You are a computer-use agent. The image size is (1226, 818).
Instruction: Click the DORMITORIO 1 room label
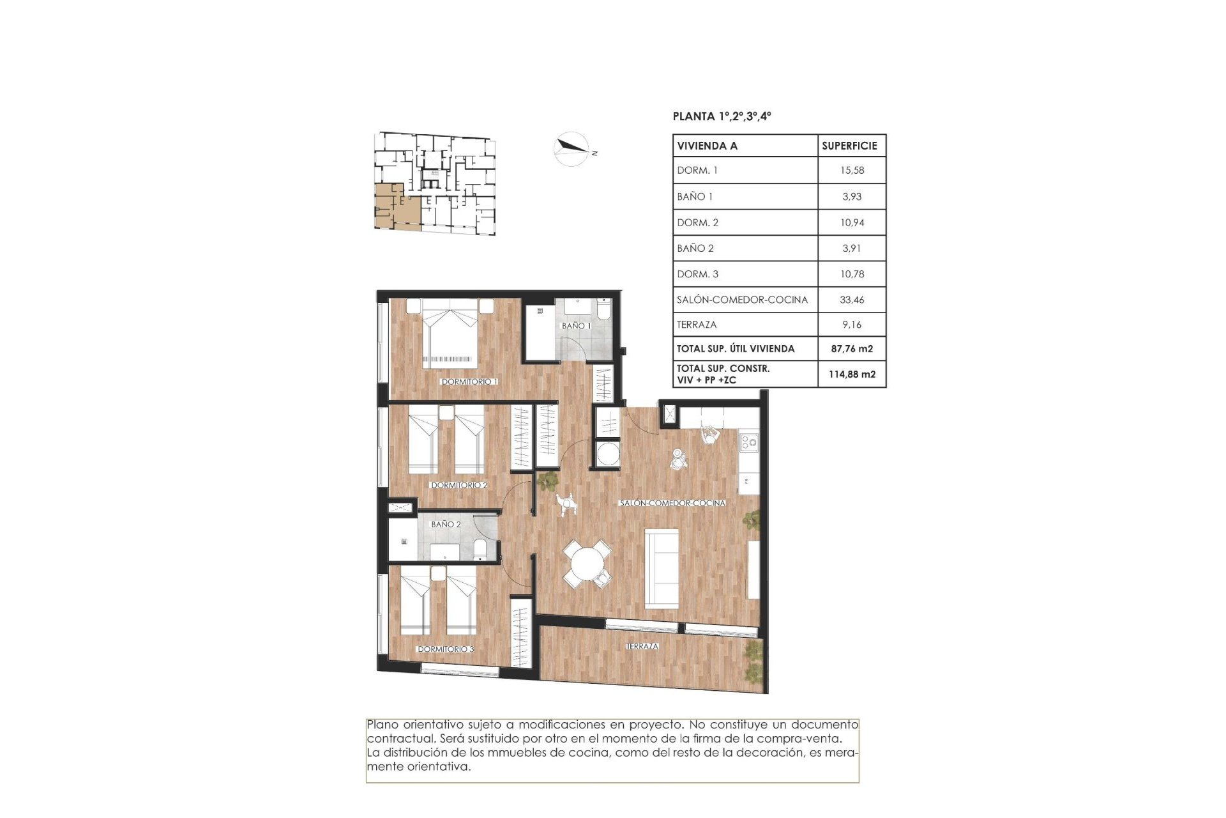coord(469,382)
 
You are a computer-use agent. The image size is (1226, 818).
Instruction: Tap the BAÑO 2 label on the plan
coord(446,524)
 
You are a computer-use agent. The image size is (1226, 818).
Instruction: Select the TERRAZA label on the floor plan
coord(642,647)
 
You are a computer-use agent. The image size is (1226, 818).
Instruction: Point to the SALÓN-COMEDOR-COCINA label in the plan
coord(672,503)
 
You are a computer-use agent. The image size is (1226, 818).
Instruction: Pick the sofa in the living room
coord(662,568)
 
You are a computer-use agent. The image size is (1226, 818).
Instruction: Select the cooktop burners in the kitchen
coord(749,441)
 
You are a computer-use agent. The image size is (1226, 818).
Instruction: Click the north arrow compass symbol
coord(571,149)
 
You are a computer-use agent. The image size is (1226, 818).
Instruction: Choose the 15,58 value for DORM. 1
coord(852,171)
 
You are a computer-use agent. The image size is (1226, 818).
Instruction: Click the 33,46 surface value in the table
coord(852,300)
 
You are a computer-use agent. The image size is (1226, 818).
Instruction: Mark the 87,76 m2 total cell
coord(852,349)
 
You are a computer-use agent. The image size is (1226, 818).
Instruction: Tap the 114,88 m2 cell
coord(852,374)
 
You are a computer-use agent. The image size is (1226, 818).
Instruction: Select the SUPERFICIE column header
coord(849,146)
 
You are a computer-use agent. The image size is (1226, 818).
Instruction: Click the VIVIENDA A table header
coord(708,146)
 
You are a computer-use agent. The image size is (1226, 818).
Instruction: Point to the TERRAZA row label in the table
coord(697,325)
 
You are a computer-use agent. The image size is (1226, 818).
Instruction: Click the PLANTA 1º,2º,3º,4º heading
coord(722,116)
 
